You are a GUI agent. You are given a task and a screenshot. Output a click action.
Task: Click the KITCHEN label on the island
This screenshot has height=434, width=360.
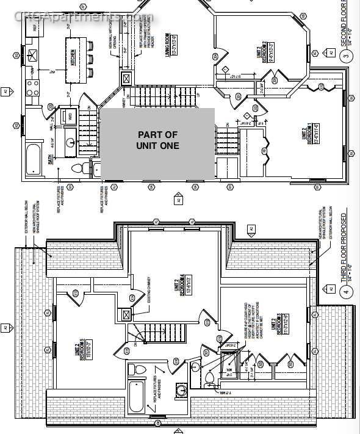pyautogui.click(x=73, y=57)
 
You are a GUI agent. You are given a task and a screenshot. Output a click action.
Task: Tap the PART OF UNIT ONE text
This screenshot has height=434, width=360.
pyautogui.click(x=158, y=140)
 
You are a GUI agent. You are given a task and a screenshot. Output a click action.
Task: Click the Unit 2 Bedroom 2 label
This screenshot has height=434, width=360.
pyautogui.click(x=264, y=52)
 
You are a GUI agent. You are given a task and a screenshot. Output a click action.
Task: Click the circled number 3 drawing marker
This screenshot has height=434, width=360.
pyautogui.click(x=346, y=58)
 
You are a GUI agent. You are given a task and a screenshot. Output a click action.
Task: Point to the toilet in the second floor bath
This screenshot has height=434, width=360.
pyautogui.click(x=77, y=168)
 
